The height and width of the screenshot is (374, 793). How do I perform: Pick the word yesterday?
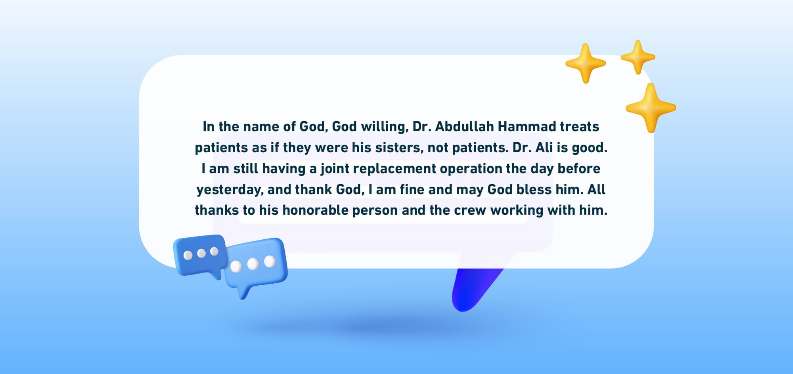[x=229, y=190]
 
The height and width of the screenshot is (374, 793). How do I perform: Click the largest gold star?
[x=650, y=108]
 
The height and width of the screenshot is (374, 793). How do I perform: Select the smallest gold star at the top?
[x=638, y=57]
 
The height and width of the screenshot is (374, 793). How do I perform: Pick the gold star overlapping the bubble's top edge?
[x=585, y=63]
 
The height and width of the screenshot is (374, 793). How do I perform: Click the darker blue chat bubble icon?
[x=200, y=254]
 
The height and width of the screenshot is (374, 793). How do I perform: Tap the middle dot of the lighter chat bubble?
[x=253, y=264]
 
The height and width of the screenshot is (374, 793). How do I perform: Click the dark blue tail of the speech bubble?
[x=472, y=289]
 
